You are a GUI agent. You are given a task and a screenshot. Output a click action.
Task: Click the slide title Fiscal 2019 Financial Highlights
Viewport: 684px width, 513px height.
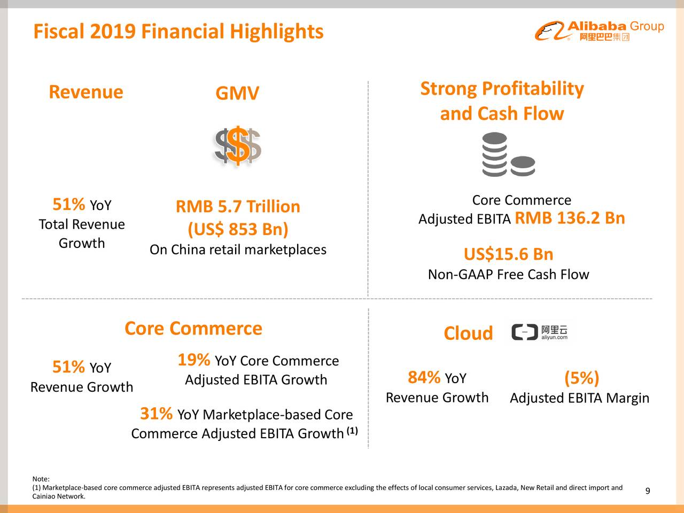pyautogui.click(x=178, y=32)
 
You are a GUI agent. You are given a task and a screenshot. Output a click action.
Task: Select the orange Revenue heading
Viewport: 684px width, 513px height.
pyautogui.click(x=85, y=92)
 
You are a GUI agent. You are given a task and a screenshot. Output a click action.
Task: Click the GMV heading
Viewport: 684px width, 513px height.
pyautogui.click(x=237, y=94)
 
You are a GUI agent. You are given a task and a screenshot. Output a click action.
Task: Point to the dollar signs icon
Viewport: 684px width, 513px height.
pyautogui.click(x=237, y=146)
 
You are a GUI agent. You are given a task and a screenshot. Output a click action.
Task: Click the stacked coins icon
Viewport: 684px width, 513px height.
pyautogui.click(x=508, y=156)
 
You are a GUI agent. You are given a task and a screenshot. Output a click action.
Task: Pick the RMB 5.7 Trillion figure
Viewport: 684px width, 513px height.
pyautogui.click(x=238, y=206)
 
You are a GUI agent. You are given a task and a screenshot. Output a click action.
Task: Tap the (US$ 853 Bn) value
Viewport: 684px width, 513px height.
pyautogui.click(x=238, y=229)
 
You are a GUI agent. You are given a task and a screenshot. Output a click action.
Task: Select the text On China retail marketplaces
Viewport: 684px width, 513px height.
pyautogui.click(x=238, y=250)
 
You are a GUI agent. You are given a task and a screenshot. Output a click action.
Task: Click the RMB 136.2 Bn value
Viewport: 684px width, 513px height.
pyautogui.click(x=570, y=218)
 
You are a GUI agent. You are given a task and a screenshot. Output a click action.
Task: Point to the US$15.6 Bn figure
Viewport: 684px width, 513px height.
pyautogui.click(x=508, y=254)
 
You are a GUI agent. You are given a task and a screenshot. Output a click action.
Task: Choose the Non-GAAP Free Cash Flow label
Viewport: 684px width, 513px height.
pyautogui.click(x=508, y=275)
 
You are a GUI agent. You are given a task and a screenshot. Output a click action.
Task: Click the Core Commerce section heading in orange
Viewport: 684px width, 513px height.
pyautogui.click(x=193, y=328)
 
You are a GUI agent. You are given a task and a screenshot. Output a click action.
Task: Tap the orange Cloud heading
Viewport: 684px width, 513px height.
pyautogui.click(x=468, y=333)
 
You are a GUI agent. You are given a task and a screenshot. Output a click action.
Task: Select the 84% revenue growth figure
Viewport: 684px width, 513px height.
pyautogui.click(x=424, y=377)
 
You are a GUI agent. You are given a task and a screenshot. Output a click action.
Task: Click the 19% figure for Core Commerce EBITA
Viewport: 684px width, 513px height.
pyautogui.click(x=193, y=360)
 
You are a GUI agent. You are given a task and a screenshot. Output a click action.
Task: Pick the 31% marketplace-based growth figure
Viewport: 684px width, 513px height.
pyautogui.click(x=156, y=414)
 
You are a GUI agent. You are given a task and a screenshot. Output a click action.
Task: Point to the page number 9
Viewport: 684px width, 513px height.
pyautogui.click(x=647, y=492)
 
